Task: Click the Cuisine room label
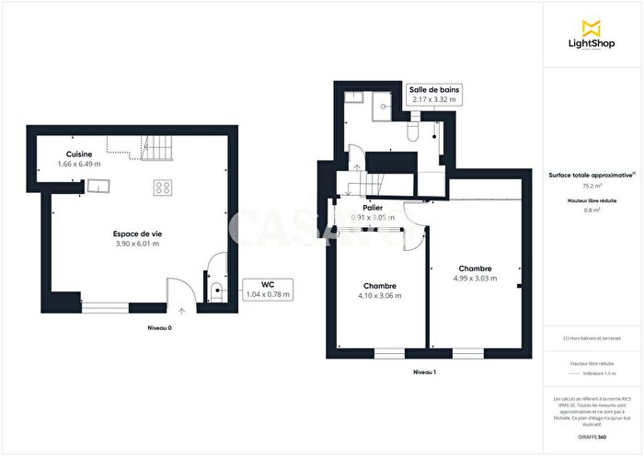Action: tap(78, 154)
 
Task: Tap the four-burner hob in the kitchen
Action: tap(162, 188)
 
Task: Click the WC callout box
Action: tap(268, 290)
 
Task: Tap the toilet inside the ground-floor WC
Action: tap(215, 292)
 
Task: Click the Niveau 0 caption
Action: tap(159, 328)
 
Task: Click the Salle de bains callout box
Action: tap(435, 94)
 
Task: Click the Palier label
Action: tap(373, 208)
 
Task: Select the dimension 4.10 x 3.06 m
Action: tap(380, 296)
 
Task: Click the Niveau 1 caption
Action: tap(424, 372)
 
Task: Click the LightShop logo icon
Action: tap(592, 26)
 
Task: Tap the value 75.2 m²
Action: tap(592, 185)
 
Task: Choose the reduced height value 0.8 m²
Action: tap(592, 210)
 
